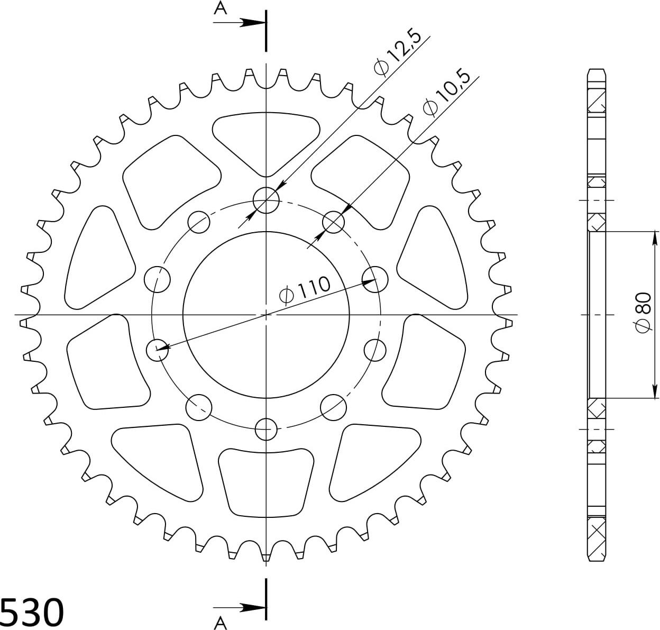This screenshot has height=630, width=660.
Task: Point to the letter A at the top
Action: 220,8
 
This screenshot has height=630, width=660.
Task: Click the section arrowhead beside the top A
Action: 253,23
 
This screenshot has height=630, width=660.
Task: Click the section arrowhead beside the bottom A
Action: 253,607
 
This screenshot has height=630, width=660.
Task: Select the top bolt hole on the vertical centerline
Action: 266,200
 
